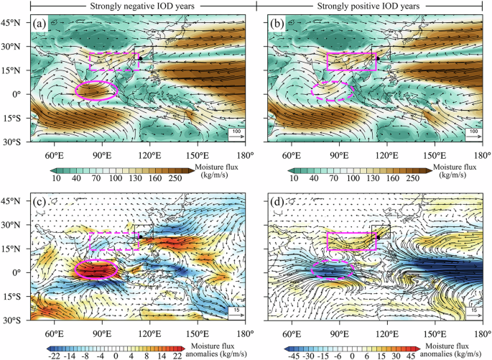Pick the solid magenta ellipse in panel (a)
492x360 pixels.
(96, 91)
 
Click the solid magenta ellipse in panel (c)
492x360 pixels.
(96, 269)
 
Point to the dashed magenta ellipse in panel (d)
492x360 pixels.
(333, 270)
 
